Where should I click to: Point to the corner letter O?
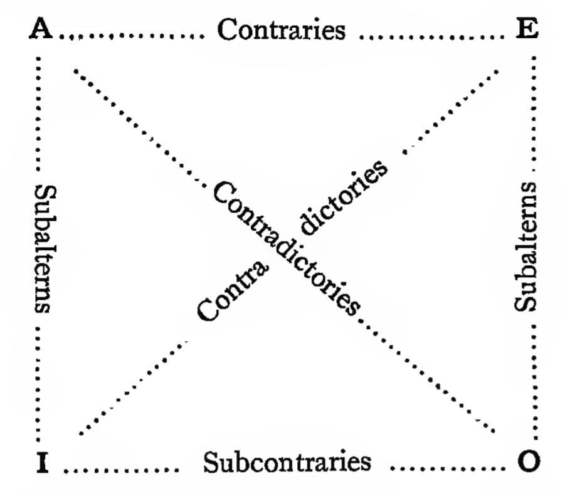click(x=529, y=463)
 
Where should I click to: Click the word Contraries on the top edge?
click(x=281, y=30)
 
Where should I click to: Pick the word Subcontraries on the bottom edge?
click(x=287, y=463)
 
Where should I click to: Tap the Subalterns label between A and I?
click(x=42, y=248)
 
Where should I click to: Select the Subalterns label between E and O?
click(x=525, y=246)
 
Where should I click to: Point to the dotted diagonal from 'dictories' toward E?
click(x=451, y=110)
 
